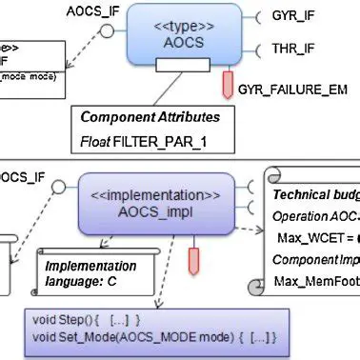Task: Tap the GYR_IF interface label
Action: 290,18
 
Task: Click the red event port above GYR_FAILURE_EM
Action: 230,83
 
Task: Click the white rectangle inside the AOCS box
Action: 180,64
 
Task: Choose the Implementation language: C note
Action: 91,274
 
